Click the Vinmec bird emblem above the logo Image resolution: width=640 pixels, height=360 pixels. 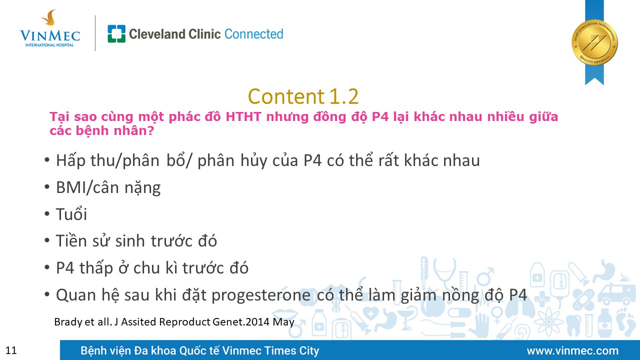tap(49, 17)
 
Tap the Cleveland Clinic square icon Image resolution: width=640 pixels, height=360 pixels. tap(116, 33)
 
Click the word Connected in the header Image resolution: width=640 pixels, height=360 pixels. tap(253, 34)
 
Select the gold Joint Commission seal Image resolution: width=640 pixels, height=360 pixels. tap(594, 43)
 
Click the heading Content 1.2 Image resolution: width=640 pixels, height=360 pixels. tap(303, 96)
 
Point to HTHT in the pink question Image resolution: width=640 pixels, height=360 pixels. tap(243, 116)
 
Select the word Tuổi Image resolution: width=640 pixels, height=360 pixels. tap(71, 214)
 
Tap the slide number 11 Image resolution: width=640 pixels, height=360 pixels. tap(11, 350)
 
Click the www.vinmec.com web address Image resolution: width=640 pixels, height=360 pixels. tap(572, 350)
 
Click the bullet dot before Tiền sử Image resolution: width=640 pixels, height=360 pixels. tap(47, 241)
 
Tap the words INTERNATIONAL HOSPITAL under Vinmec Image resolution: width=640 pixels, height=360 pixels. tap(49, 45)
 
